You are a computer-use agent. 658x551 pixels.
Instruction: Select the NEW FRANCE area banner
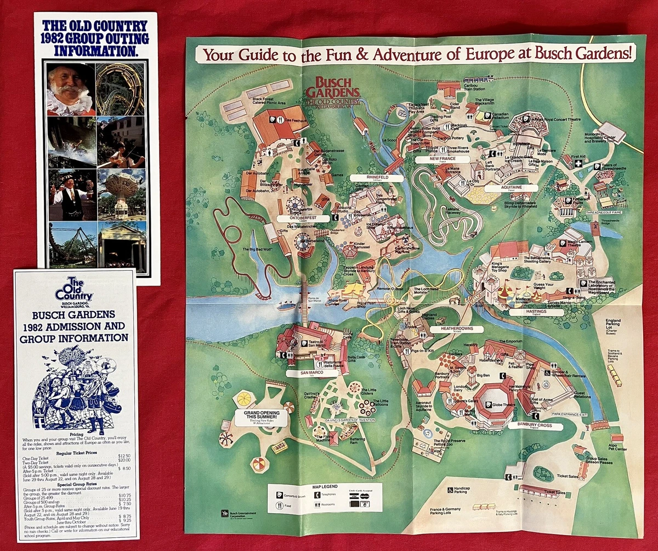[443, 160]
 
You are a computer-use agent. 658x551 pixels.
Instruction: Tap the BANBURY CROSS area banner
[527, 426]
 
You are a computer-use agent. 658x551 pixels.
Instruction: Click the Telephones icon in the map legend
[316, 495]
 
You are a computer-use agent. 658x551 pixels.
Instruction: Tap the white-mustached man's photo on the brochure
[70, 89]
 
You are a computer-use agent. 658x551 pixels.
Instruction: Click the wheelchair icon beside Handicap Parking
[450, 489]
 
